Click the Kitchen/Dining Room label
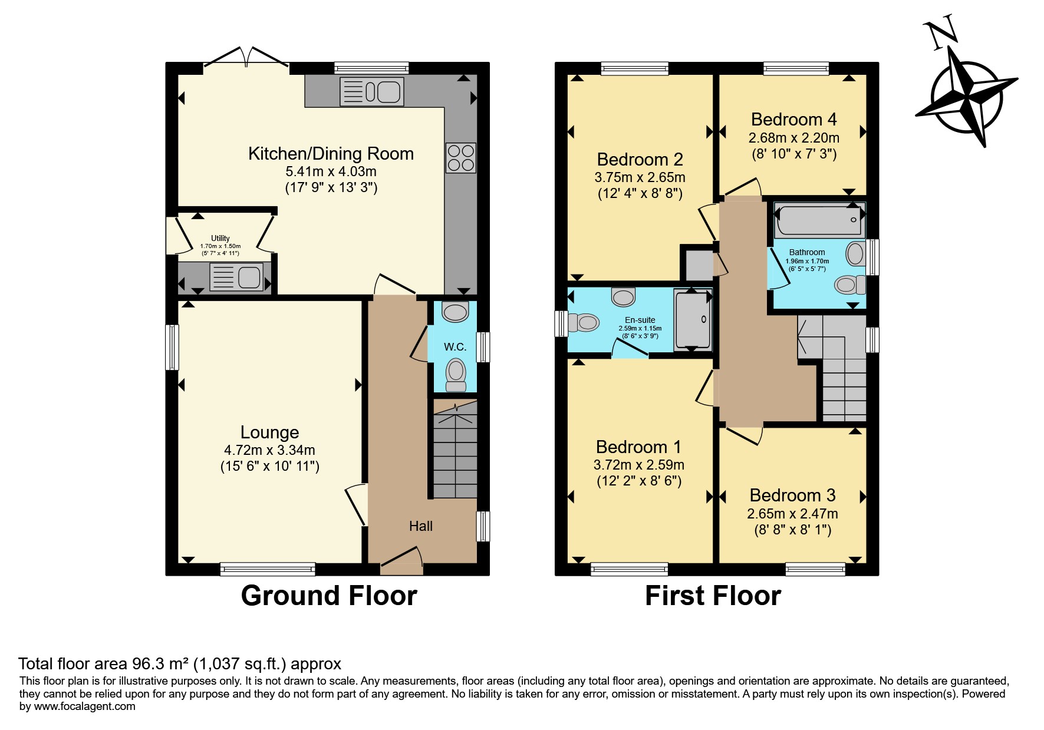tap(331, 154)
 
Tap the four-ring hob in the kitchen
tap(461, 158)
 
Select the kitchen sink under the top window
tap(372, 92)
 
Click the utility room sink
tap(236, 278)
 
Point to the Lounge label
tap(269, 433)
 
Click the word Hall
tap(421, 526)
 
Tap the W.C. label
tap(455, 347)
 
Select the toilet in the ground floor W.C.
tap(456, 375)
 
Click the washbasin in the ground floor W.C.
tap(455, 312)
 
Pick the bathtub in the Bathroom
tap(819, 220)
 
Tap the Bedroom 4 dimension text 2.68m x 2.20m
tap(793, 138)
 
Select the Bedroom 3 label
tap(792, 496)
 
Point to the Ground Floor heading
tap(329, 596)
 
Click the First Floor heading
tap(713, 596)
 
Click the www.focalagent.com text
tap(85, 706)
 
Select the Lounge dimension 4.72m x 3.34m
tap(269, 450)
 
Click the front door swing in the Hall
tap(401, 560)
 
